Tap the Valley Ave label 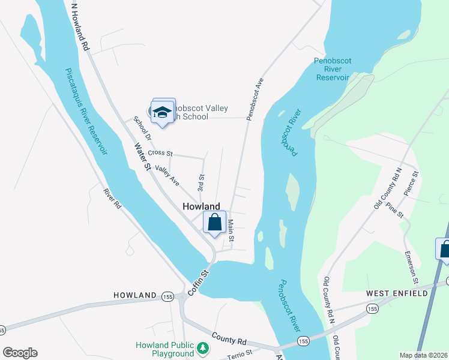pos(167,175)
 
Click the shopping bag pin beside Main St pos(214,223)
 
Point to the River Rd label pos(112,199)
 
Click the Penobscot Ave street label pos(255,98)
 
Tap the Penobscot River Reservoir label pos(332,69)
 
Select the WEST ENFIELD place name pos(397,293)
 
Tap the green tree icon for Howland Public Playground pos(203,347)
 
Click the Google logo pos(20,353)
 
